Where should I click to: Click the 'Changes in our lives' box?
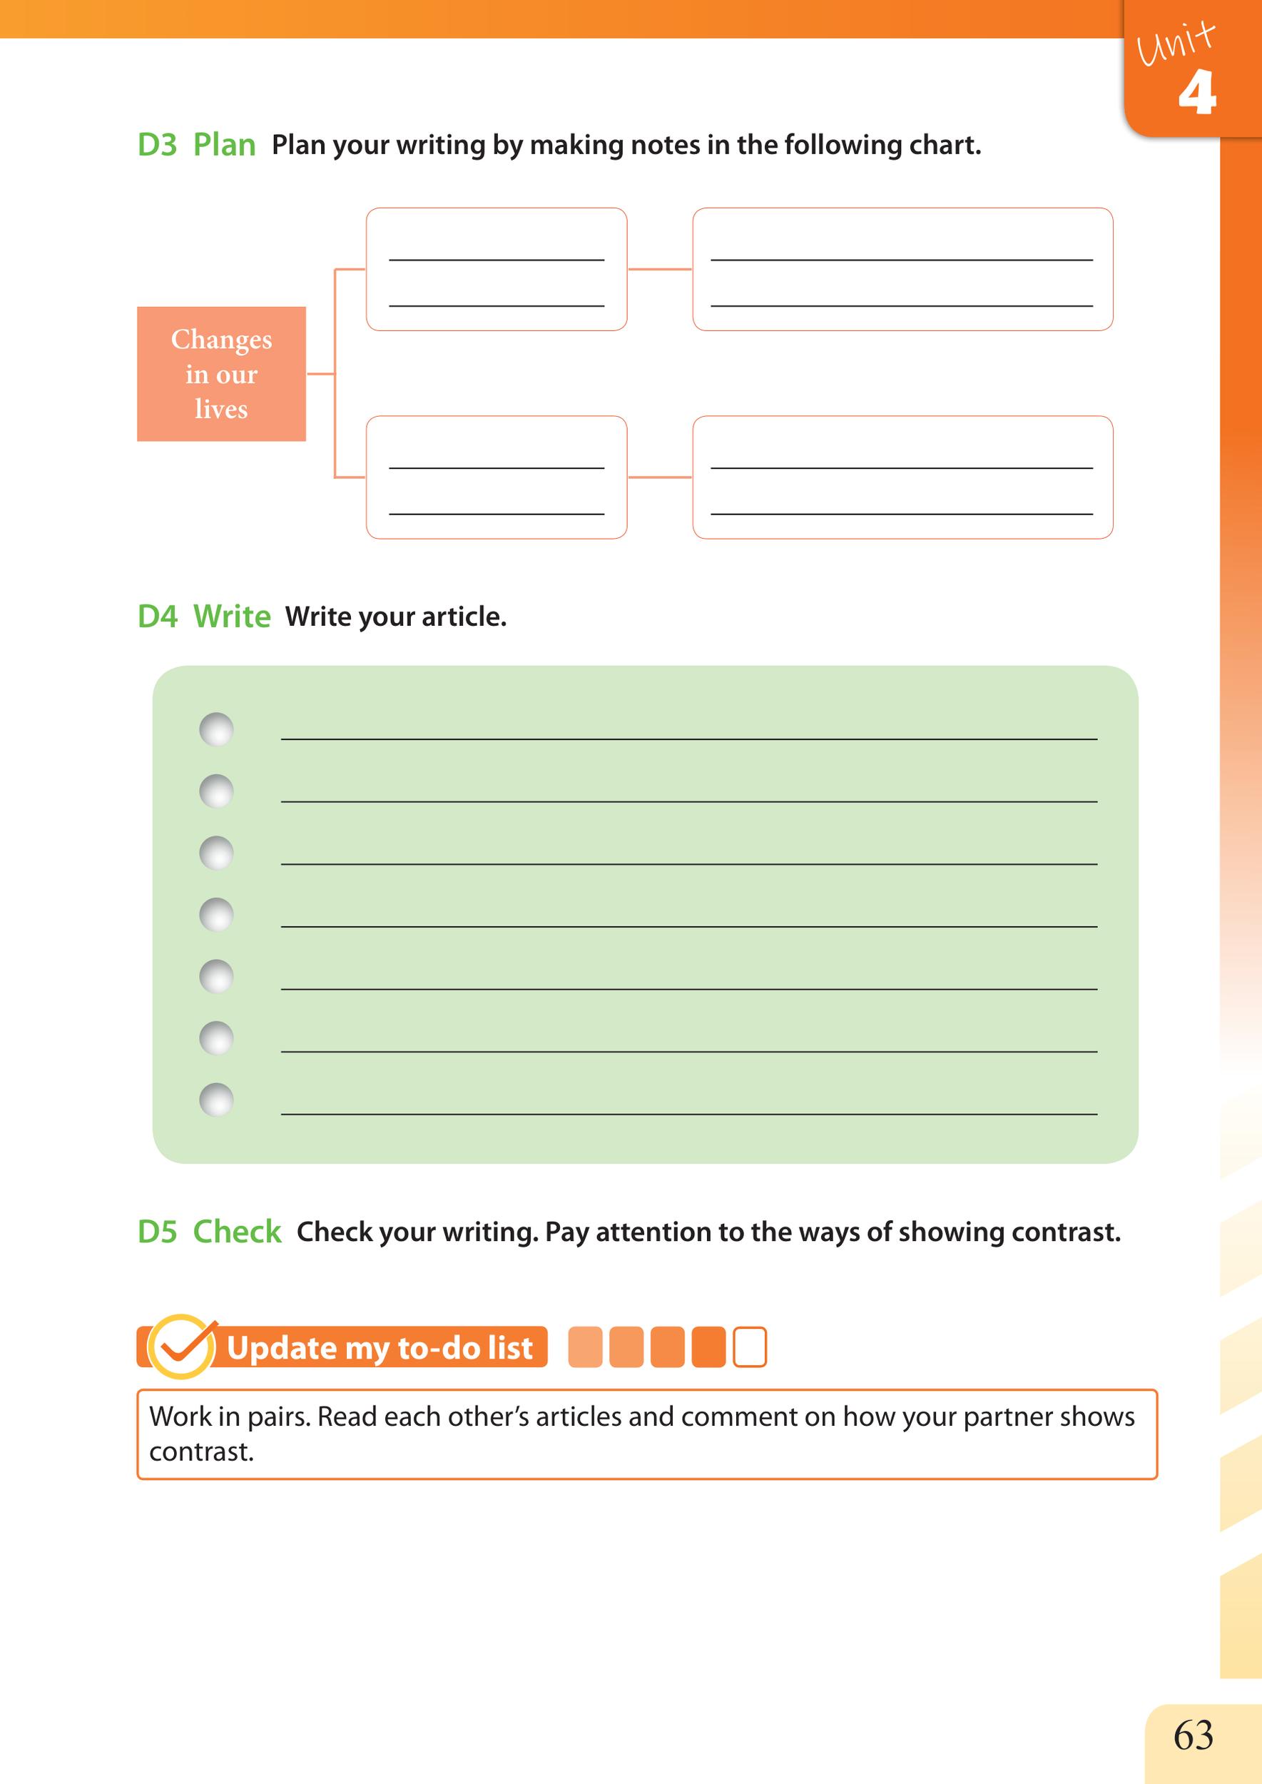coord(221,374)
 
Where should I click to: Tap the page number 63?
coord(1193,1735)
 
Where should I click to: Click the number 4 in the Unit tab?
coord(1197,93)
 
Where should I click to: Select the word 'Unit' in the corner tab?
coord(1175,44)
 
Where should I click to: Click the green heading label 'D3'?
coord(157,146)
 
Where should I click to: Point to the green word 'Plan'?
coord(224,146)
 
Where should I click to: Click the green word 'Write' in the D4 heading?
coord(232,617)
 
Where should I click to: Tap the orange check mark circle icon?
coord(181,1347)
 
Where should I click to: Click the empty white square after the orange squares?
coord(750,1347)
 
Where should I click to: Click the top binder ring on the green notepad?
coord(216,729)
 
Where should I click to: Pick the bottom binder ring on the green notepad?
coord(216,1100)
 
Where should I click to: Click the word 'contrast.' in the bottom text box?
coord(201,1451)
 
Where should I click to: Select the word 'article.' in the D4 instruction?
coord(464,617)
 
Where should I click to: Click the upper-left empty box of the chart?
coord(496,269)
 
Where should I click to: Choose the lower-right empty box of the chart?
coord(902,477)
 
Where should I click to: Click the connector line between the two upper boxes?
coord(660,269)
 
